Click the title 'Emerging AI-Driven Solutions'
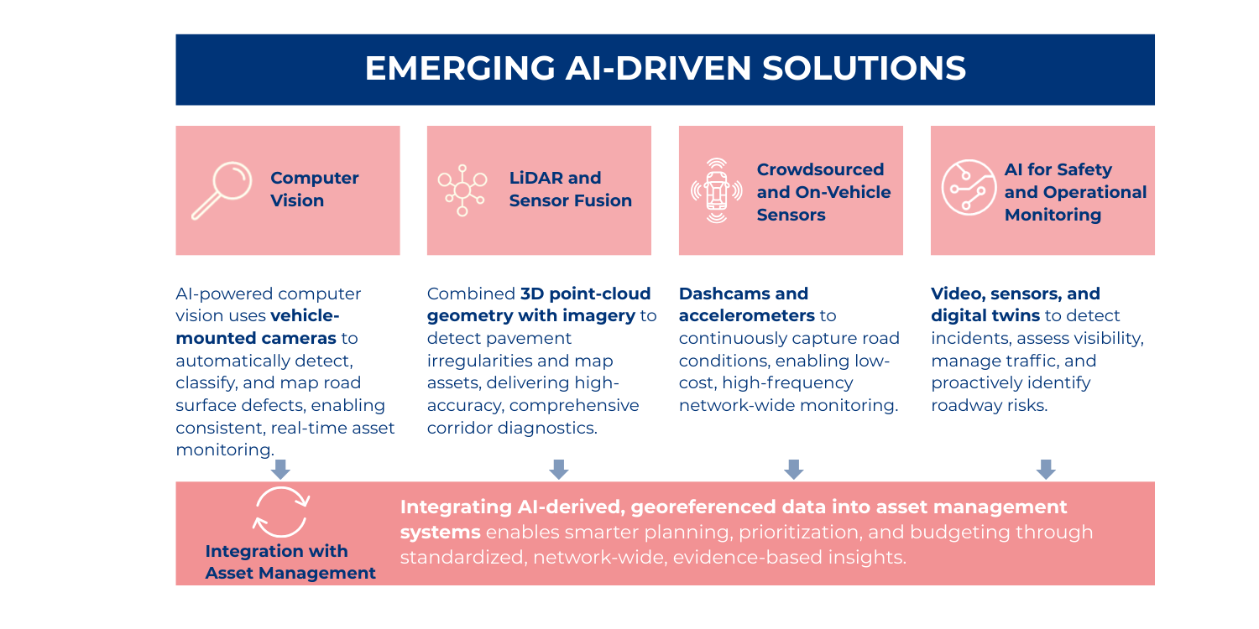(x=665, y=69)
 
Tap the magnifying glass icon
(x=222, y=190)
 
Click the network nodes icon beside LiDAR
(x=462, y=190)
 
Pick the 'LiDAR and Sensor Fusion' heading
(x=570, y=190)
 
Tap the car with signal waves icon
(x=716, y=191)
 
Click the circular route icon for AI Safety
(x=968, y=190)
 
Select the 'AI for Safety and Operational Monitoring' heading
(x=1075, y=192)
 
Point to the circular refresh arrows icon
(x=282, y=512)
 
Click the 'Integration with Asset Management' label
(x=290, y=562)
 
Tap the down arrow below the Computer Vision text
(x=280, y=469)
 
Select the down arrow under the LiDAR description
(x=558, y=469)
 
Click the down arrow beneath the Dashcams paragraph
(x=793, y=469)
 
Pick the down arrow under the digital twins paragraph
(x=1045, y=469)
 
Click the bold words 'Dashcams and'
(x=743, y=294)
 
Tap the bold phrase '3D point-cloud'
(x=585, y=294)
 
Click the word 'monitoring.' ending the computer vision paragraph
(x=224, y=450)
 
